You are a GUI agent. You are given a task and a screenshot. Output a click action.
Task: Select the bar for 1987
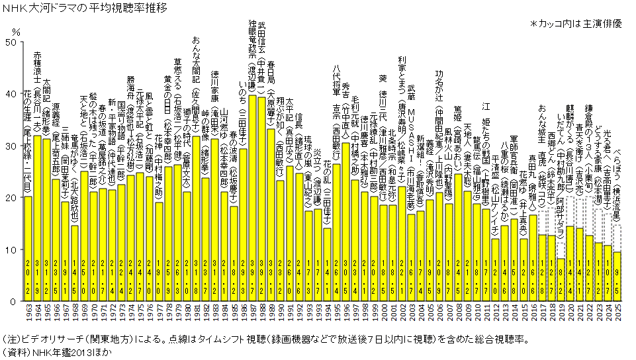tap(252, 199)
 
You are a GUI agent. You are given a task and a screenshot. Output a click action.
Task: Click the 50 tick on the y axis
tap(10, 42)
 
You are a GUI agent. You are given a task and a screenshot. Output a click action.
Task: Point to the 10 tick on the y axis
tap(10, 249)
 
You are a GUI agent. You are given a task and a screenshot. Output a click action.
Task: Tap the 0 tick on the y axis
tap(13, 301)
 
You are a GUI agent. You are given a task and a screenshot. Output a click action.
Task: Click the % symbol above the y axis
tap(16, 30)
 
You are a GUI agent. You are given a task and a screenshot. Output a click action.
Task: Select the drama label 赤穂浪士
tap(37, 66)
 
